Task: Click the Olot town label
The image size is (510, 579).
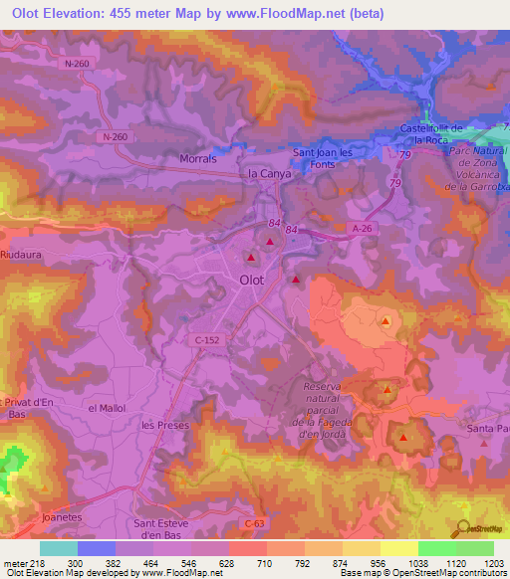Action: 252,281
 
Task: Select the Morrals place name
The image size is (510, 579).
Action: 195,159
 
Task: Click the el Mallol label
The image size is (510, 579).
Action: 107,408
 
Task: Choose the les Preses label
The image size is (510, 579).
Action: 164,425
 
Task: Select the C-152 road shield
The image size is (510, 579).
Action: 205,339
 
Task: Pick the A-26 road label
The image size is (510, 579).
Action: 362,227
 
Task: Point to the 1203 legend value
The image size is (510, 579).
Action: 495,564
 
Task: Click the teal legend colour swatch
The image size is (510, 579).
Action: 59,548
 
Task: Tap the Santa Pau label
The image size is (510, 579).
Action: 488,429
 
